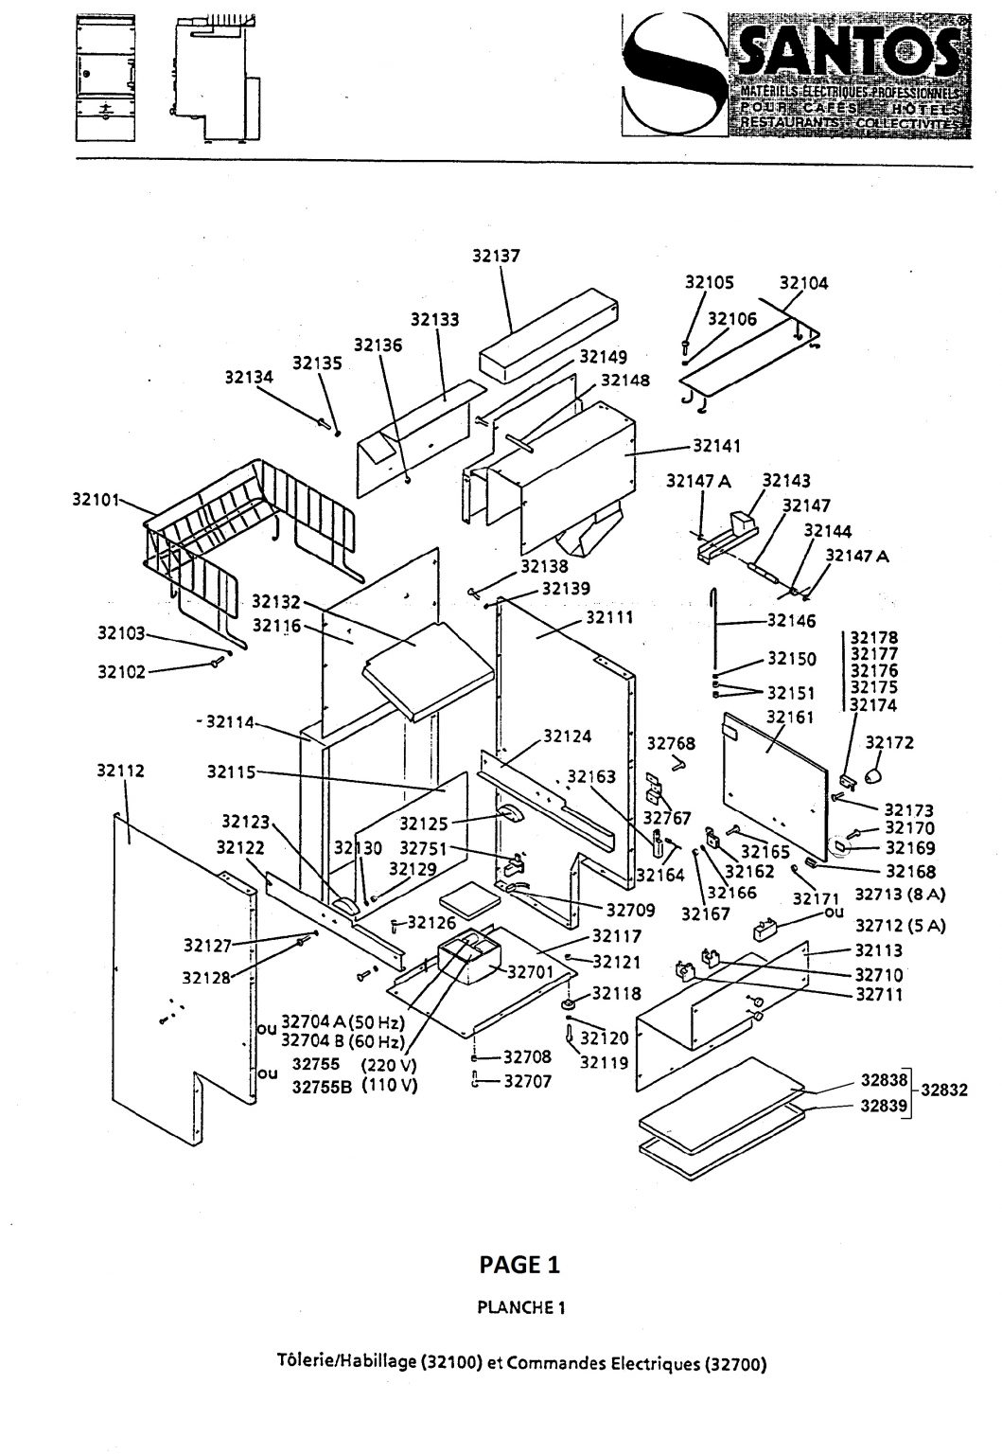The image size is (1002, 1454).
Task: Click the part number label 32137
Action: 496,255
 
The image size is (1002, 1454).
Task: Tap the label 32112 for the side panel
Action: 120,771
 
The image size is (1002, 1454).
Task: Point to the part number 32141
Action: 716,445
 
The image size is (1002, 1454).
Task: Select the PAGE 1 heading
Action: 519,1264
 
